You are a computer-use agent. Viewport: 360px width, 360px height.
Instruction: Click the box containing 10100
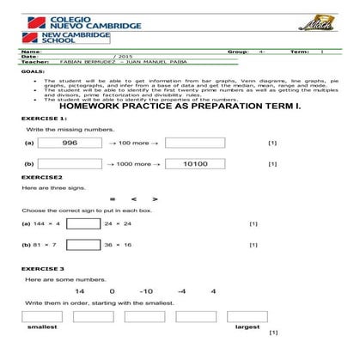pyautogui.click(x=194, y=163)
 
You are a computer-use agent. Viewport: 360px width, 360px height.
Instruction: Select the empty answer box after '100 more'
pyautogui.click(x=194, y=143)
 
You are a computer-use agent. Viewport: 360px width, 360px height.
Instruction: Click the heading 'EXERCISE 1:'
pyautogui.click(x=39, y=118)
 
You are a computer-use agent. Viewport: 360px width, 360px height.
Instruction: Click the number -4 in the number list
pyautogui.click(x=181, y=292)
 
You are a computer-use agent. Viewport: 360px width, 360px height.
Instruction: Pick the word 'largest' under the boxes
pyautogui.click(x=247, y=326)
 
